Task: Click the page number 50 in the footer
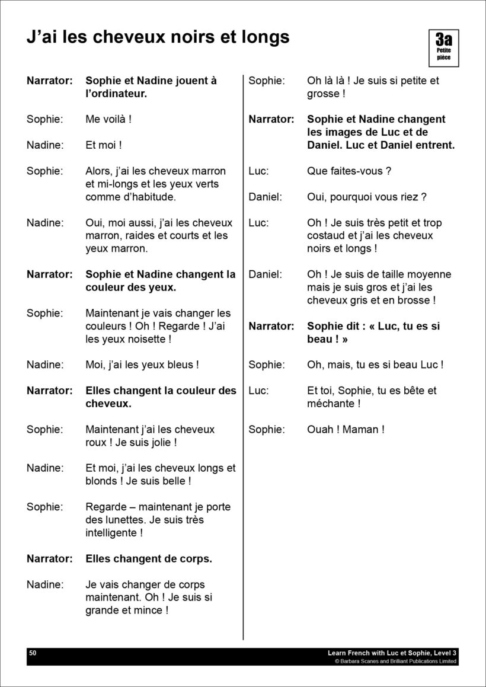[33, 653]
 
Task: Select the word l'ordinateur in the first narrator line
[116, 94]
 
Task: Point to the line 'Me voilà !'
[108, 119]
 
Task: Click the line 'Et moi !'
[104, 145]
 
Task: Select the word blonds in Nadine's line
[103, 481]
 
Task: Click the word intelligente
[111, 533]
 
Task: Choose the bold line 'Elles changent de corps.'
[149, 558]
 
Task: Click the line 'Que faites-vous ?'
[349, 171]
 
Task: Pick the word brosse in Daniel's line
[413, 300]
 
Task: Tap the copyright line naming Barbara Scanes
[395, 661]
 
